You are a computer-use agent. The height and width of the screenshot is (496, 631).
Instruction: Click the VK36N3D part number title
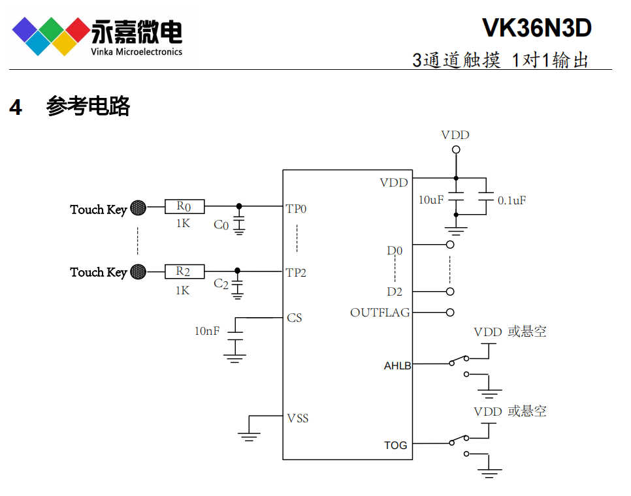tap(536, 28)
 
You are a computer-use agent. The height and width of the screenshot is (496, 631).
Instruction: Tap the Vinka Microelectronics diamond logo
tap(50, 35)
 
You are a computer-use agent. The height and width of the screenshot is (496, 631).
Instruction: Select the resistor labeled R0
tap(184, 207)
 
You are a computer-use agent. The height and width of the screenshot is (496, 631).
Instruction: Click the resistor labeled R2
tap(184, 271)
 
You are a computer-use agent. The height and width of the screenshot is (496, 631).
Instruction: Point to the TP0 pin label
tap(296, 209)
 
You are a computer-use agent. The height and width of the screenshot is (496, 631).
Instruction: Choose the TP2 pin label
tap(296, 272)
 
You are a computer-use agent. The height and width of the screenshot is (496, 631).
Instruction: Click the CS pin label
tap(295, 318)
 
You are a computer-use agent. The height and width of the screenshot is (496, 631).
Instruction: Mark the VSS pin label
tap(297, 418)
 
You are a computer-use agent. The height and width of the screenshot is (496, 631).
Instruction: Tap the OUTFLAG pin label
tap(380, 313)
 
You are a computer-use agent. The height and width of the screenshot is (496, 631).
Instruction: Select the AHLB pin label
tap(397, 365)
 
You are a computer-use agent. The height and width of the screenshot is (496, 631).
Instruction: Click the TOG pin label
tap(395, 445)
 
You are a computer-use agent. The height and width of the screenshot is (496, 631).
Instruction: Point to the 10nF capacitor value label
tap(207, 331)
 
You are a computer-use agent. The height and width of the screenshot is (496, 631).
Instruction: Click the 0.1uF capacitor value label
tap(511, 200)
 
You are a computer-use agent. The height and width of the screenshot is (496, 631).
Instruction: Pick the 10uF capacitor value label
tap(431, 200)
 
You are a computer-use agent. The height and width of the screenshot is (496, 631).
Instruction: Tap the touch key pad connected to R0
tap(138, 208)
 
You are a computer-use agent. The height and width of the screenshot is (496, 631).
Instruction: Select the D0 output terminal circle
tap(450, 245)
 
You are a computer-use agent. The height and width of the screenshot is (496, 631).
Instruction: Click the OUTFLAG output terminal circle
tap(450, 312)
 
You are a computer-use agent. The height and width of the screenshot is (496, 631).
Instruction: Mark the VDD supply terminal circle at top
tap(456, 149)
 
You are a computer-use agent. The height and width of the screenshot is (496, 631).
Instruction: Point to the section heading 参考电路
tap(88, 106)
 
